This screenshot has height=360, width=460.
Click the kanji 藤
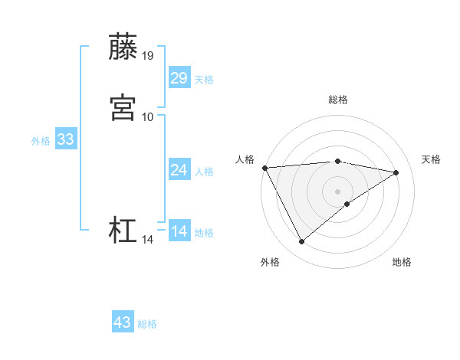tap(123, 47)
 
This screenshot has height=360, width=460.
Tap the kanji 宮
tap(123, 106)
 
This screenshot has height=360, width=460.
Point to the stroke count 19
tap(148, 56)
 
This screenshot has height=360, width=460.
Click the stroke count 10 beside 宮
tap(148, 116)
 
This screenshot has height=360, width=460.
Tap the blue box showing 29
tap(179, 78)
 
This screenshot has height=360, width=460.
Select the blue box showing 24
tap(179, 170)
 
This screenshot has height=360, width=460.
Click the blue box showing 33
tap(65, 139)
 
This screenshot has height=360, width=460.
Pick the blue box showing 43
tap(123, 322)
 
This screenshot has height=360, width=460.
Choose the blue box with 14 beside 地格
tap(179, 231)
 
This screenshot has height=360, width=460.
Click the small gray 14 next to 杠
tap(148, 240)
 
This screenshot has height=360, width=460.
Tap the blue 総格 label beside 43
tap(147, 324)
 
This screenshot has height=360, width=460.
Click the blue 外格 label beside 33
tap(41, 141)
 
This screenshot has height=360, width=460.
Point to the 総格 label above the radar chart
tap(338, 100)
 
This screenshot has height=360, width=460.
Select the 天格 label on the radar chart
tap(431, 159)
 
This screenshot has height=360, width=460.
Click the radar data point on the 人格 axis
tap(264, 168)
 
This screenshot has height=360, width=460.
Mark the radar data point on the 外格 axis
tap(301, 242)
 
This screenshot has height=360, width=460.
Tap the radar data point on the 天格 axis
tap(396, 172)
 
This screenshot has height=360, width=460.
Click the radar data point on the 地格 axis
tap(347, 204)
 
